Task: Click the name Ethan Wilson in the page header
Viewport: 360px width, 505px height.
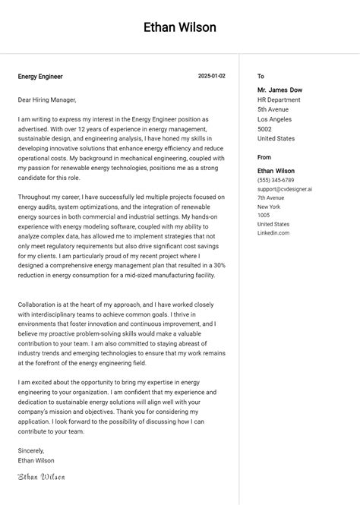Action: [180, 27]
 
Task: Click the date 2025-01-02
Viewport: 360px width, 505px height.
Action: [212, 76]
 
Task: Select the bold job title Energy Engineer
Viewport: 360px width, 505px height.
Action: [40, 77]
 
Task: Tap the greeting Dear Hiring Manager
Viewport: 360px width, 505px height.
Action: [47, 99]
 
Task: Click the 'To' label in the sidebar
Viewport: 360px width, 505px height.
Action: [261, 76]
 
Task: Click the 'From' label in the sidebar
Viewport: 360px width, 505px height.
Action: [264, 157]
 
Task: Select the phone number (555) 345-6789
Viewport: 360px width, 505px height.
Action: [276, 180]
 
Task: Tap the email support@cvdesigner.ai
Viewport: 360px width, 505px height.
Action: [285, 189]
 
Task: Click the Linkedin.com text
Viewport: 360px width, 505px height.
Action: [273, 233]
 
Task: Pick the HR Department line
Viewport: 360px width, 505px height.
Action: [279, 99]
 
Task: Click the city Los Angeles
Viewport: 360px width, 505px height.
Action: [274, 119]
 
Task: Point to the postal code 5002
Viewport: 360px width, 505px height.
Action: [264, 129]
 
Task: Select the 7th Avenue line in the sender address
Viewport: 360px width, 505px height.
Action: [272, 197]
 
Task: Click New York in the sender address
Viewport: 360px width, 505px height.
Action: [269, 207]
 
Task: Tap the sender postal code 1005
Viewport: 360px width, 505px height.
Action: [264, 216]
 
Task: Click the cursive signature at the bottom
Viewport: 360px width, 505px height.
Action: [41, 476]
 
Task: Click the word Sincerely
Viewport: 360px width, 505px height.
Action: [32, 450]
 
